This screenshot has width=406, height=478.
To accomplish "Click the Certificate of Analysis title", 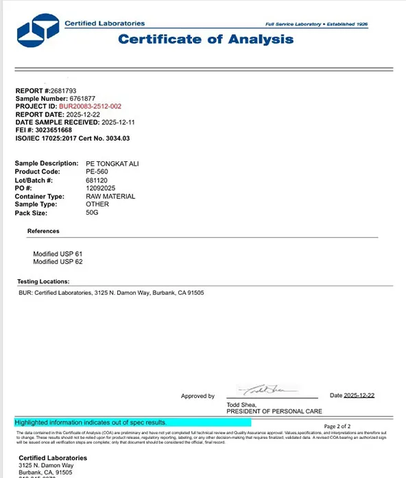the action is (x=206, y=39).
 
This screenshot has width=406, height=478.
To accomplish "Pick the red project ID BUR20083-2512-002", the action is (x=91, y=106).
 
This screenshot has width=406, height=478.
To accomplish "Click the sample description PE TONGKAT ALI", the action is (x=112, y=163).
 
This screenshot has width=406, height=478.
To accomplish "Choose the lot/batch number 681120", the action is (x=96, y=180).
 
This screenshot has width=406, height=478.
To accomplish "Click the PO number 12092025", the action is (x=99, y=188).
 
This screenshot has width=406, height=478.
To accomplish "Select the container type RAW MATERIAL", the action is (x=110, y=196).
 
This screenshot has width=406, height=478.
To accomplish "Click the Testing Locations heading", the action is (x=43, y=281).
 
